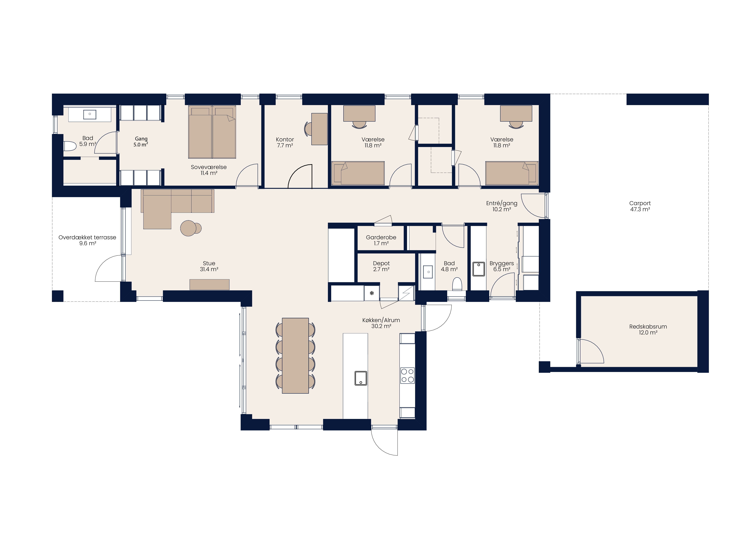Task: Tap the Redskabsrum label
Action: coord(648,329)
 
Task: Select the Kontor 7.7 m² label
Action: coord(285,142)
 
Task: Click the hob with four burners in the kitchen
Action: coord(407,376)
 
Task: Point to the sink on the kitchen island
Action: coord(361,378)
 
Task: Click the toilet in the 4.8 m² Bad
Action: coord(457,284)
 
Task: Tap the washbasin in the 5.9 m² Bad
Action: coord(90,114)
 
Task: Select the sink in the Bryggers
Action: coord(479,269)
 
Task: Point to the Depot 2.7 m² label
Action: coord(381,266)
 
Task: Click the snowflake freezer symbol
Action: coord(372,293)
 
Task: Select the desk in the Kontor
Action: coord(319,129)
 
